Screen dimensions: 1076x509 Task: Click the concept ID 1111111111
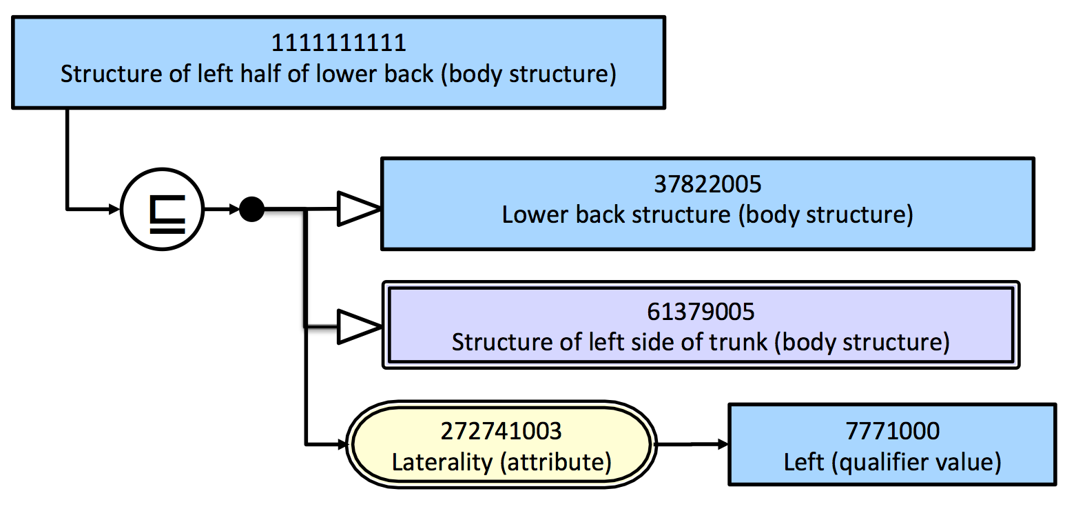tap(339, 43)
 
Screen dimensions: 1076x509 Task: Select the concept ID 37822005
tap(707, 184)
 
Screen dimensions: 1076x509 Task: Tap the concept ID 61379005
tap(701, 312)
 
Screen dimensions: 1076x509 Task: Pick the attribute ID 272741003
tap(501, 431)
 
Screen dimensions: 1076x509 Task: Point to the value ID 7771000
tap(892, 430)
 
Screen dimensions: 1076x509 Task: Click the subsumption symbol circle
tap(163, 209)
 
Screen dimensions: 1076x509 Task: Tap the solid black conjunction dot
tap(251, 209)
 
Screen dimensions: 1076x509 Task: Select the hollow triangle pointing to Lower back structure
tap(359, 209)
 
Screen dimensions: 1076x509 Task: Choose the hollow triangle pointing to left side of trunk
tap(359, 327)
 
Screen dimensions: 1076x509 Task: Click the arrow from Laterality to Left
tap(692, 444)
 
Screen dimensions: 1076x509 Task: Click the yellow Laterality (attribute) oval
tap(501, 445)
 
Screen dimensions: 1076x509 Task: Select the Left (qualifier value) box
tap(892, 445)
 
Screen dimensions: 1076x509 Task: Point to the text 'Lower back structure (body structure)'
tap(707, 214)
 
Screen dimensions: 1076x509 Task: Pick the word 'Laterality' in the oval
tap(442, 462)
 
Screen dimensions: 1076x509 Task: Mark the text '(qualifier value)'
tap(916, 462)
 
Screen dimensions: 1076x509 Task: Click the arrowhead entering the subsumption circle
tap(114, 209)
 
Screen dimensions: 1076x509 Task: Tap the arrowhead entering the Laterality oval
tap(342, 445)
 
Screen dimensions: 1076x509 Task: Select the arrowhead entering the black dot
tap(234, 209)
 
